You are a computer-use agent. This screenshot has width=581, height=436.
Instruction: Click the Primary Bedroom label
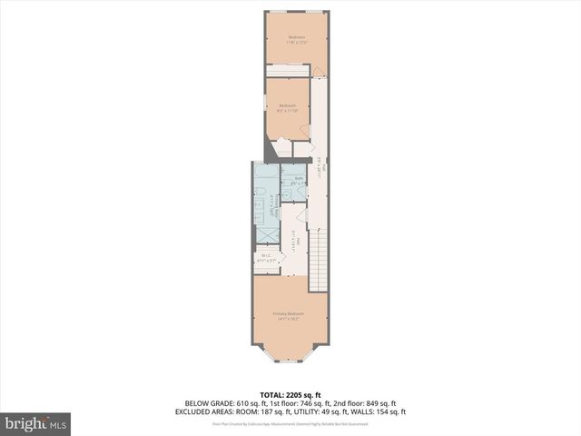click(289, 313)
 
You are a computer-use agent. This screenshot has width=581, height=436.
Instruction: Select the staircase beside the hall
click(318, 259)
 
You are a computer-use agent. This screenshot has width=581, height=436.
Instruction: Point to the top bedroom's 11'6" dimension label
click(290, 43)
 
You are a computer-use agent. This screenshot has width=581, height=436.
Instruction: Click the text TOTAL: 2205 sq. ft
click(290, 395)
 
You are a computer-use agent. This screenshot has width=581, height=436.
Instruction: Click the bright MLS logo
click(35, 423)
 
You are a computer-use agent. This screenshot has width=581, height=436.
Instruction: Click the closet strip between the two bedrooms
click(289, 71)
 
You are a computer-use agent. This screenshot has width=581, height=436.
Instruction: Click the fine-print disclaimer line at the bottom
click(290, 423)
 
